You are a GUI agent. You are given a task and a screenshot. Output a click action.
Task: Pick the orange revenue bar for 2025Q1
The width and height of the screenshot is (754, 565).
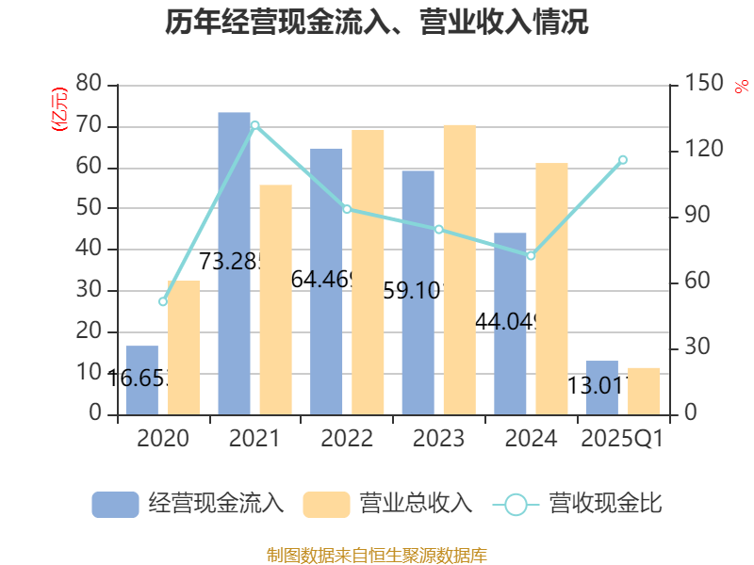point(644,391)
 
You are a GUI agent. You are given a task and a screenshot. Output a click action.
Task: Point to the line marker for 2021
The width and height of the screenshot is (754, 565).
point(254,124)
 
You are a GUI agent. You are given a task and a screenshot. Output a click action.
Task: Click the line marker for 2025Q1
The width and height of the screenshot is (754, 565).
point(623,159)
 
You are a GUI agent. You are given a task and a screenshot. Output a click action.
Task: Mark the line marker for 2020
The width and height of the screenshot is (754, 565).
point(162,301)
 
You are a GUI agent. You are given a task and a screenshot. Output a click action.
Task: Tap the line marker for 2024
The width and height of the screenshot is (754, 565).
point(531,256)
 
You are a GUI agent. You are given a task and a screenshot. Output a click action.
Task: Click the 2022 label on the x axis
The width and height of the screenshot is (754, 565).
point(347,439)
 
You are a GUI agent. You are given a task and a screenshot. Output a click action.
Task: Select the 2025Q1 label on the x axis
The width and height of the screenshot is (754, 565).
point(622,439)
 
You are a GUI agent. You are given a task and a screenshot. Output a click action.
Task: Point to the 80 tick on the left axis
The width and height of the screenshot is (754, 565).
point(89,84)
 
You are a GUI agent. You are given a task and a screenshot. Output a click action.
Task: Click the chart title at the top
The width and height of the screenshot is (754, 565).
point(377,22)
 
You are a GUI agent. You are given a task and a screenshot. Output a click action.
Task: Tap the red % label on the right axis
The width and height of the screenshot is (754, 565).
point(741,88)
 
